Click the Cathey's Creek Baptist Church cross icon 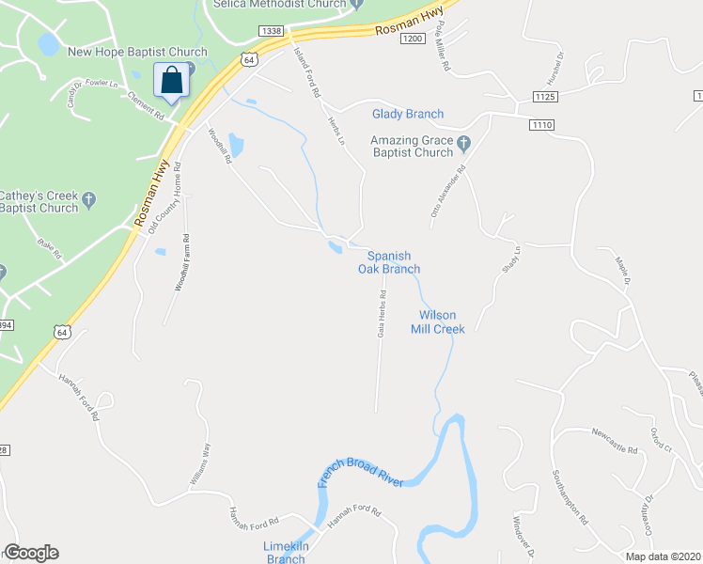89,199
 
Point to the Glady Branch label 407,115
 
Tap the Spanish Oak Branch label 389,262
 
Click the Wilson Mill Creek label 436,322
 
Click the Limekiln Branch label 286,553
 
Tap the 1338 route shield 272,31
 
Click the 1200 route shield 412,39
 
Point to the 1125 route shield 545,97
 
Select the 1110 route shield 541,125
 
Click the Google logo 31,553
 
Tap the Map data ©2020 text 664,556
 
